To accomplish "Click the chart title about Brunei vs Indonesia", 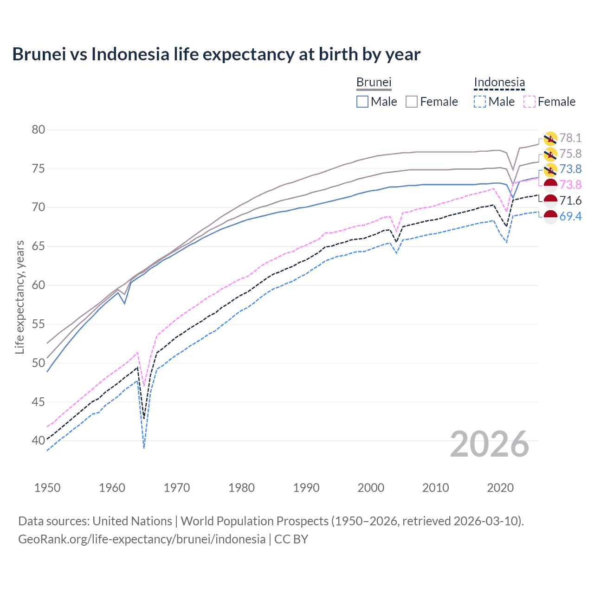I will click(216, 54).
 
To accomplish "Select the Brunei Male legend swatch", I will click(362, 102).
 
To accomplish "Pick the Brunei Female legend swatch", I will click(412, 102).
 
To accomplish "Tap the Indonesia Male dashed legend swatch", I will click(480, 102).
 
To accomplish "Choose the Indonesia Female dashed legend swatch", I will click(529, 102).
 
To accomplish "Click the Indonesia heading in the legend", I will click(499, 83).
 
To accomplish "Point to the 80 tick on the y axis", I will click(39, 129).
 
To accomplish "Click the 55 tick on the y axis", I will click(39, 324).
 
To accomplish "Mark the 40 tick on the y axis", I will click(39, 440).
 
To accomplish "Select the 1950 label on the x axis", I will click(47, 488).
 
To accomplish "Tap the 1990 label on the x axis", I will click(306, 488).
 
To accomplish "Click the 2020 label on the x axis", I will click(500, 488).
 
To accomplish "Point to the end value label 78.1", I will click(570, 138).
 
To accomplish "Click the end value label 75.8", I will click(570, 154).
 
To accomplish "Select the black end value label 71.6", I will click(570, 200).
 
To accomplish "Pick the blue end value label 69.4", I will click(570, 216).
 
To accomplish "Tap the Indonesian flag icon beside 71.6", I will click(550, 201).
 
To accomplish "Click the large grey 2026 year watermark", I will click(490, 444).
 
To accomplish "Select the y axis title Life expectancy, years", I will click(19, 297).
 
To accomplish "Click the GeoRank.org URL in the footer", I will click(142, 539).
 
